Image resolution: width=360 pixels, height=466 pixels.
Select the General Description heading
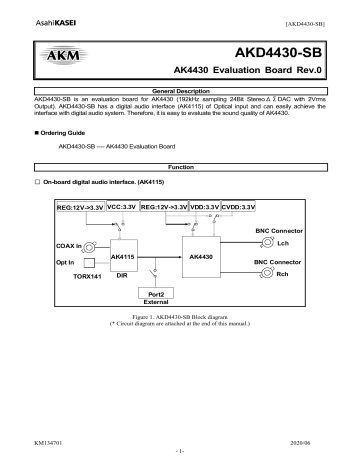179,90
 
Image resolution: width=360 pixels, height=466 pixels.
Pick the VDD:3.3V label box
198,206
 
